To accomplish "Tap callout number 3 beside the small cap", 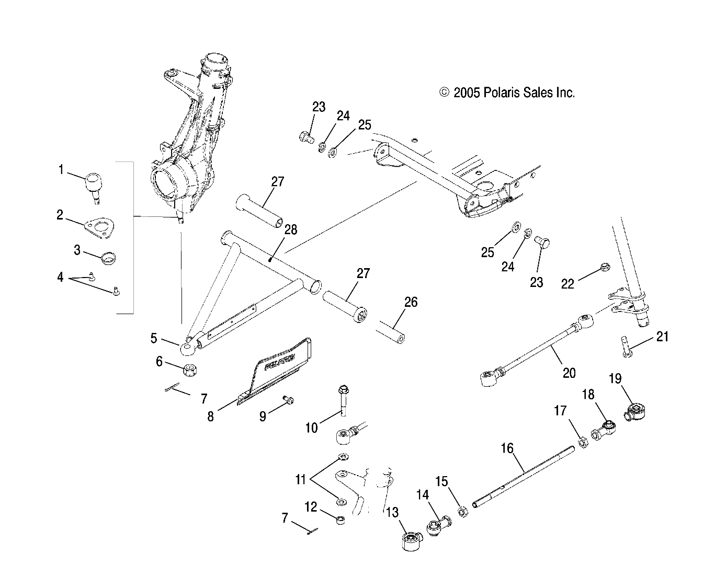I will point(77,250).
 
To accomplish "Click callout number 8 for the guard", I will point(211,417).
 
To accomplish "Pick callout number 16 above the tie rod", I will point(507,448).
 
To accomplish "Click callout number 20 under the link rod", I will point(569,373).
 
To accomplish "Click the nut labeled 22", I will point(604,267).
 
